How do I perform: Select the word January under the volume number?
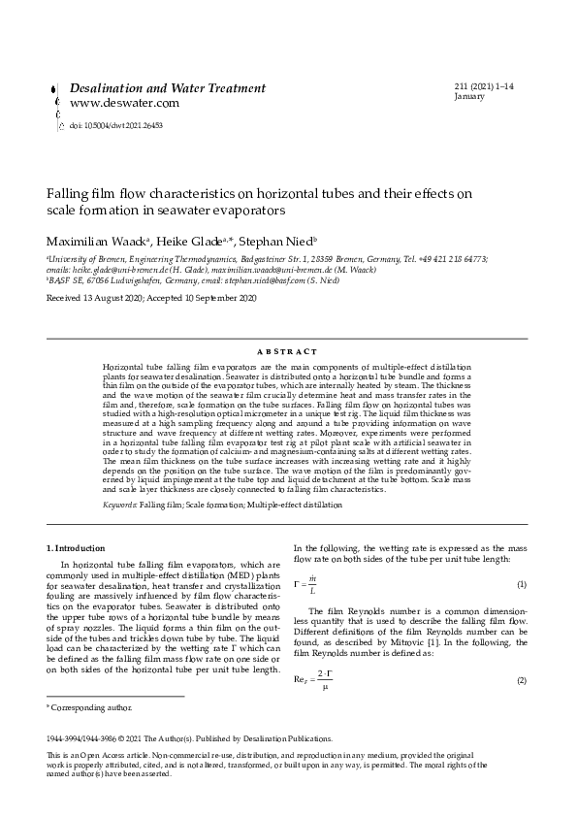(x=469, y=97)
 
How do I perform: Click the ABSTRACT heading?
(x=288, y=351)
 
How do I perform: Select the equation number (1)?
(x=521, y=584)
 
